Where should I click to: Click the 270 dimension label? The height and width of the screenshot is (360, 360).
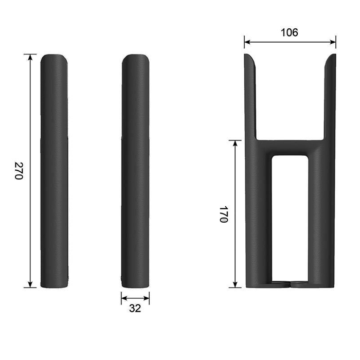tap(19, 171)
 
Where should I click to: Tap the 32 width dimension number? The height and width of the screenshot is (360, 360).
tap(135, 309)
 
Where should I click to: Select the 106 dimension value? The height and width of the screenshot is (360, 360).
tap(290, 32)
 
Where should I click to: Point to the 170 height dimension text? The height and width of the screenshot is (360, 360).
tap(223, 214)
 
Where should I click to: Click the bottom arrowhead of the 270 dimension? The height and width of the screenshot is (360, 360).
tap(30, 284)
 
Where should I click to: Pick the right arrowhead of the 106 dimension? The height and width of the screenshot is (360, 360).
tap(333, 42)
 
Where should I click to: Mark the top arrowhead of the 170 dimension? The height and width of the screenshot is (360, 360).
tap(235, 143)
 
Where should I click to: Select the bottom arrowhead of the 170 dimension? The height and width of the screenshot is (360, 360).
tap(235, 284)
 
